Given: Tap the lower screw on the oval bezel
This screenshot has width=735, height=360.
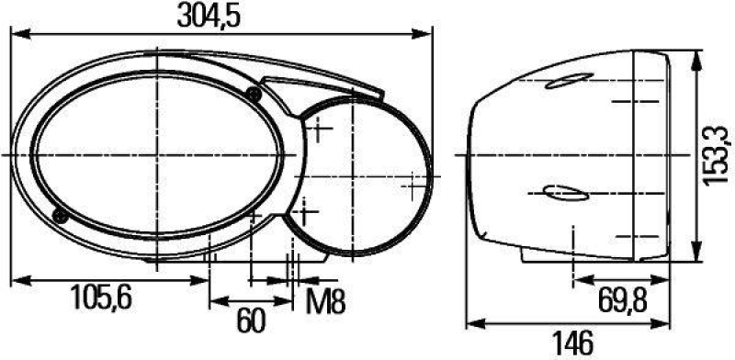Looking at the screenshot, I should point(60,216).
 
